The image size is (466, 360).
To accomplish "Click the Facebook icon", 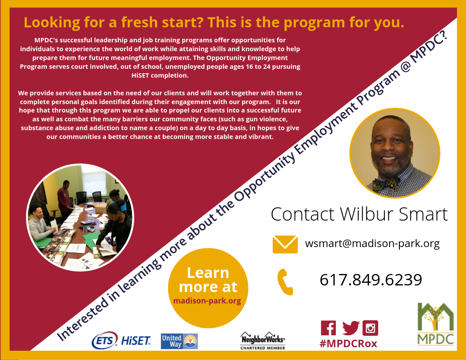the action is [328, 328].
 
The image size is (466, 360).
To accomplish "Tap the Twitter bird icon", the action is [351, 328].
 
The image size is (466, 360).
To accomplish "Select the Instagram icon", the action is [370, 328].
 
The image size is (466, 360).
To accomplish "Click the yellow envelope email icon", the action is [285, 244].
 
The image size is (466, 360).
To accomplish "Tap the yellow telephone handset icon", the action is [286, 282].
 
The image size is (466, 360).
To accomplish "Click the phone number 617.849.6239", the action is [371, 280].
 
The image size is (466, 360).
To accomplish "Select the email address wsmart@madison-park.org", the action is [372, 244].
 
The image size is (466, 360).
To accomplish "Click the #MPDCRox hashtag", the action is [348, 344].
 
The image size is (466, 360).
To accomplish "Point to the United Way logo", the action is [179, 341].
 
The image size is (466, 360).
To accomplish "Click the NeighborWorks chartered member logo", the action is [263, 341].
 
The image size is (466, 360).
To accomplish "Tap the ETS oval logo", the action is [104, 341].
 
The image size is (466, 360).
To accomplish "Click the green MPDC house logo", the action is [436, 324].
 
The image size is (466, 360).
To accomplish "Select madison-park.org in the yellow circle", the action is [207, 301].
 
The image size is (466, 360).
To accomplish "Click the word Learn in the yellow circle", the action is [208, 273].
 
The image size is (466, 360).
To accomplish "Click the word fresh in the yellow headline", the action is [139, 22].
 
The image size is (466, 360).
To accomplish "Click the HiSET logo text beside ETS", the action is [135, 341].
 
